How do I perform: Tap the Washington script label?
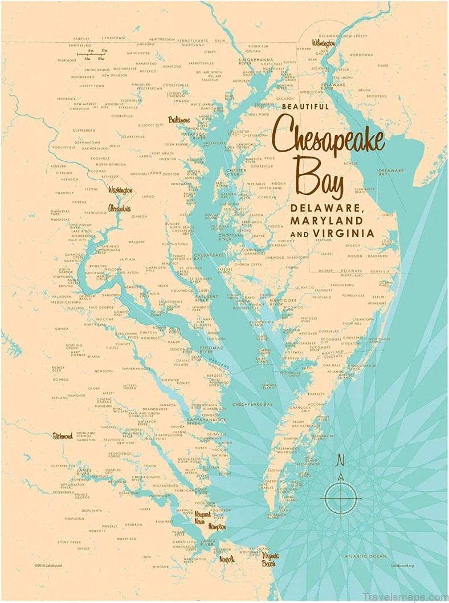point(120,190)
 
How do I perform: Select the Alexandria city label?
point(119,209)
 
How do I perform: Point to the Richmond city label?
point(63,436)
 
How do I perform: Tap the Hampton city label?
point(217,527)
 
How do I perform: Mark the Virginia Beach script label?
point(269,559)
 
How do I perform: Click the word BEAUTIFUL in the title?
point(305,107)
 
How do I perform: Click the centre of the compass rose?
point(341,498)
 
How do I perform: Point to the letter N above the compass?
point(341,459)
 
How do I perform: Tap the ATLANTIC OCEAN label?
point(365,556)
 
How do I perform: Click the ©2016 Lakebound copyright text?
point(47,565)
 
